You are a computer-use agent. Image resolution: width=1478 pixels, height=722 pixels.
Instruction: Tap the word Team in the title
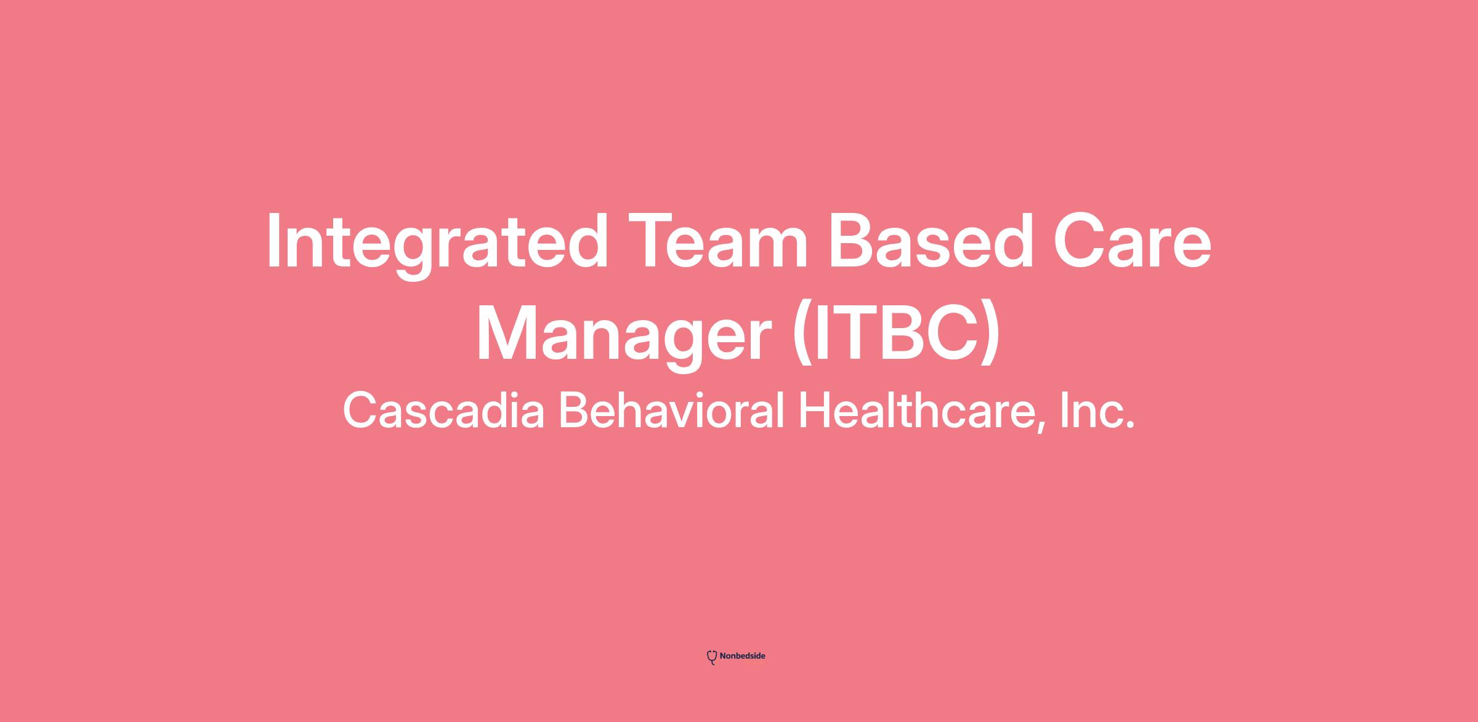coord(718,241)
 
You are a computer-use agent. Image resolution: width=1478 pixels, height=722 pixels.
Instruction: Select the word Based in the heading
coord(931,241)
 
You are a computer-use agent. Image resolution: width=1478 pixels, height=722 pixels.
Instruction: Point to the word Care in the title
coord(1132,241)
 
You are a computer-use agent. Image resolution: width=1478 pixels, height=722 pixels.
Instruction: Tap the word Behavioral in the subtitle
coord(671,411)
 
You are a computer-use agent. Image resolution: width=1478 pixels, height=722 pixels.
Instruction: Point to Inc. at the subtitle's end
coord(1097,411)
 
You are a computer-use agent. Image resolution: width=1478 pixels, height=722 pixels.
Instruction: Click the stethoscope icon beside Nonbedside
coord(712,657)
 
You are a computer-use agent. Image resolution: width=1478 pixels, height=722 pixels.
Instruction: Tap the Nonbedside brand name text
coord(743,656)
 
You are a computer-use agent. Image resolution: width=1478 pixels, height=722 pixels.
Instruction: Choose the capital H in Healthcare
coord(815,411)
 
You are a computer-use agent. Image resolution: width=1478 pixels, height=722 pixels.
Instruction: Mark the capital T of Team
coord(652,241)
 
